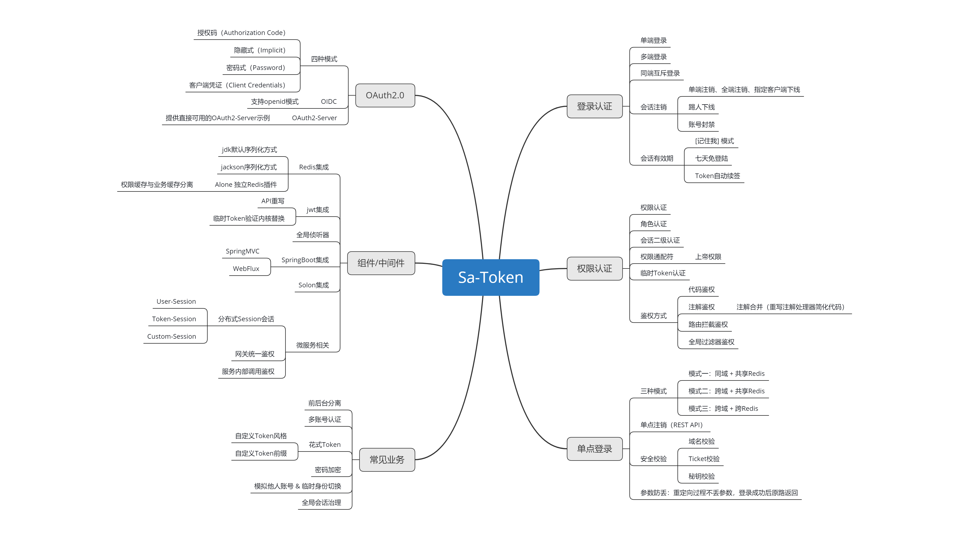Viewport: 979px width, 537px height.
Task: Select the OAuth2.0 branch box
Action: pyautogui.click(x=385, y=95)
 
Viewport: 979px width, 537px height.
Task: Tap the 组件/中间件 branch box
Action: pyautogui.click(x=381, y=263)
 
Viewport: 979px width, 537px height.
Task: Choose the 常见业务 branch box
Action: pyautogui.click(x=387, y=460)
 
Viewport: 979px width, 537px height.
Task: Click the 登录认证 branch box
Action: pyautogui.click(x=594, y=107)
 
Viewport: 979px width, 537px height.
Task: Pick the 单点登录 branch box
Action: pyautogui.click(x=594, y=449)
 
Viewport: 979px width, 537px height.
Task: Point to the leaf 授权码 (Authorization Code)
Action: pyautogui.click(x=241, y=33)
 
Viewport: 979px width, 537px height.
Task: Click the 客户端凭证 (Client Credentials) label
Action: pyautogui.click(x=237, y=85)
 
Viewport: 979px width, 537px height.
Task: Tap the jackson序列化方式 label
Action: pyautogui.click(x=249, y=167)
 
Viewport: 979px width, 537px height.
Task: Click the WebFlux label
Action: pyautogui.click(x=246, y=269)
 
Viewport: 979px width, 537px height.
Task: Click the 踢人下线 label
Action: pyautogui.click(x=701, y=107)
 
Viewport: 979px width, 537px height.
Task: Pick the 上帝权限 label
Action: pyautogui.click(x=708, y=257)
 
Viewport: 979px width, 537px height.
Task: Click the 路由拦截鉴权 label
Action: pyautogui.click(x=708, y=324)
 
